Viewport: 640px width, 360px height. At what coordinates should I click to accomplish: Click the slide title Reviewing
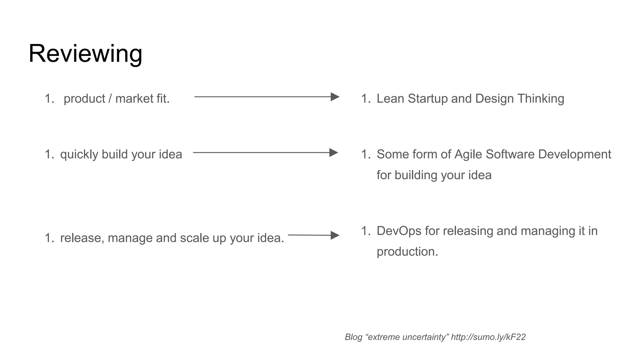click(85, 54)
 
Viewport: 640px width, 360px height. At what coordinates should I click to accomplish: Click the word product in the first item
click(84, 99)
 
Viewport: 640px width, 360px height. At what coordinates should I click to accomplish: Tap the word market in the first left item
click(134, 99)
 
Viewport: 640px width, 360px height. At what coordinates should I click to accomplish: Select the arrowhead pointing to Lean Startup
click(335, 97)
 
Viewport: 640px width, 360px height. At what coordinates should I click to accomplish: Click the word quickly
click(79, 155)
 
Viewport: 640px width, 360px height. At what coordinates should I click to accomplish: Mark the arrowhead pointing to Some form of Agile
click(334, 153)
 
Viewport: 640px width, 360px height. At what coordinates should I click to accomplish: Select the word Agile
click(468, 154)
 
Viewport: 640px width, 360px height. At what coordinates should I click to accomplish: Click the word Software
click(510, 154)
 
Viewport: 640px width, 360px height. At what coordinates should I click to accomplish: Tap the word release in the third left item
click(81, 238)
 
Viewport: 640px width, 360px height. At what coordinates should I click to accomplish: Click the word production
click(407, 252)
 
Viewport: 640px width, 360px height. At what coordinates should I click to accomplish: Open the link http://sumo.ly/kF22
click(488, 337)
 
